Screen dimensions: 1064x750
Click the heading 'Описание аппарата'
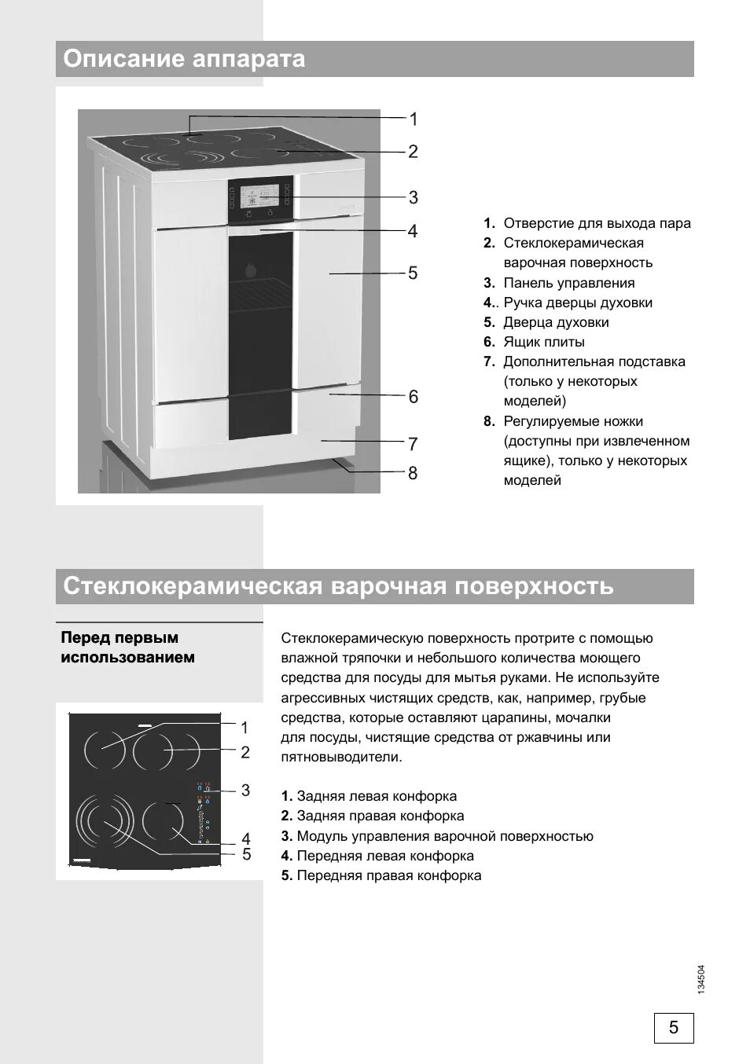pyautogui.click(x=184, y=59)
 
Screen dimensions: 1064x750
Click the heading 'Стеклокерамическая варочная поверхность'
pyautogui.click(x=338, y=586)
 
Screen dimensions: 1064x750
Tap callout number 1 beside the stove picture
pyautogui.click(x=414, y=119)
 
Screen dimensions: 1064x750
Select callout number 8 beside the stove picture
pyautogui.click(x=413, y=473)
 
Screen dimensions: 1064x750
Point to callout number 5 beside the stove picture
pyautogui.click(x=413, y=273)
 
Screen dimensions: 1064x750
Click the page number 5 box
pyautogui.click(x=674, y=1027)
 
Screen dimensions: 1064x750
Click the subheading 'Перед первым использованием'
pyautogui.click(x=128, y=648)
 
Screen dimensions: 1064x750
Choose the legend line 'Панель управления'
pyautogui.click(x=568, y=283)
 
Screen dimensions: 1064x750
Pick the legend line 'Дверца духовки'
pyautogui.click(x=556, y=322)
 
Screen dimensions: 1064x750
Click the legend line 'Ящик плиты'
pyautogui.click(x=543, y=342)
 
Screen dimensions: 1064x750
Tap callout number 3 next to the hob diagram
pyautogui.click(x=245, y=790)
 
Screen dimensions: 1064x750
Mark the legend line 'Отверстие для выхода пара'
pyautogui.click(x=597, y=223)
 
